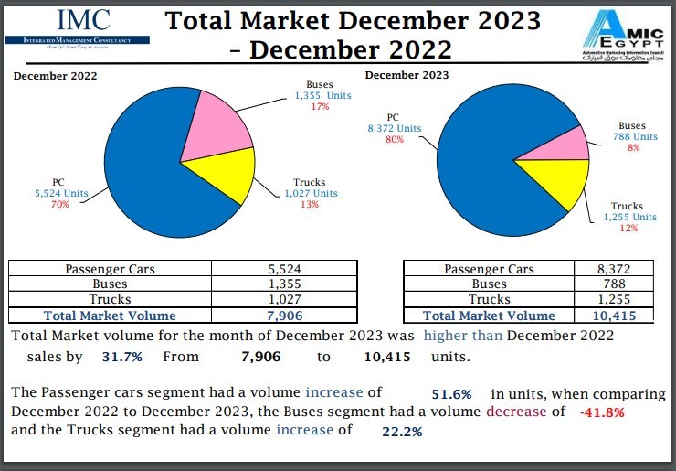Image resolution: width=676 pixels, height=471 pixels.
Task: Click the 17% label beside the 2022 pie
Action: pyautogui.click(x=320, y=107)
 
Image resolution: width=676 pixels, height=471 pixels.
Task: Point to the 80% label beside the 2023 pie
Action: pyautogui.click(x=395, y=140)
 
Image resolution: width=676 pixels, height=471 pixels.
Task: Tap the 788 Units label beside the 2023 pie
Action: pyautogui.click(x=635, y=137)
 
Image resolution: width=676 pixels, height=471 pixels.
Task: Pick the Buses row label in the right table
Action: pyautogui.click(x=489, y=284)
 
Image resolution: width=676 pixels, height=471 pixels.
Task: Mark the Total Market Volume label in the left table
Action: pyautogui.click(x=110, y=316)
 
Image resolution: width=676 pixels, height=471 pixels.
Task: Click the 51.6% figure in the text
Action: pyautogui.click(x=451, y=394)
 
